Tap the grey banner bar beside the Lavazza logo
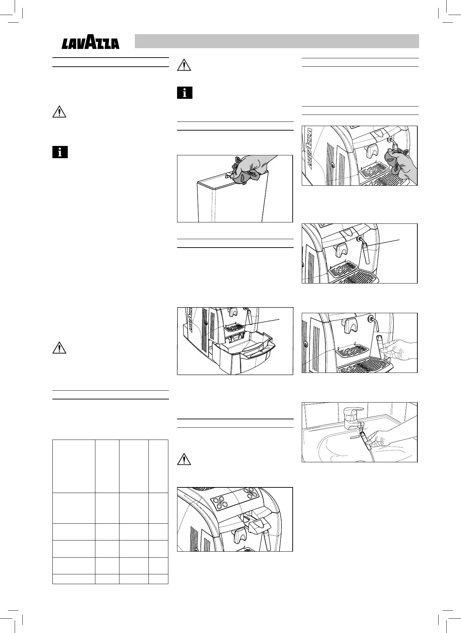click(277, 41)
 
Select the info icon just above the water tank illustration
click(185, 93)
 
